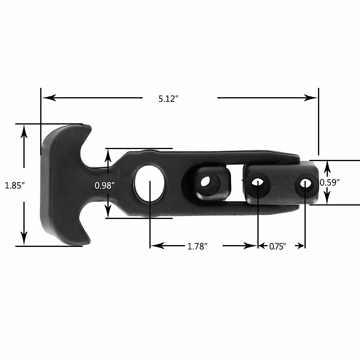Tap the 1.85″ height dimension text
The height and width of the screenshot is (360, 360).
click(14, 186)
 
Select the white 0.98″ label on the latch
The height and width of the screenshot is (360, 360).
click(105, 186)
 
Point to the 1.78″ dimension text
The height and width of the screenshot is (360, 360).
click(197, 247)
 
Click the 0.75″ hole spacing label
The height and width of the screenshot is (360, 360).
click(277, 247)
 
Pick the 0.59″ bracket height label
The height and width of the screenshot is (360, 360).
click(329, 182)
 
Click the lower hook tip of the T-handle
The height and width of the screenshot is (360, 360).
click(87, 240)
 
